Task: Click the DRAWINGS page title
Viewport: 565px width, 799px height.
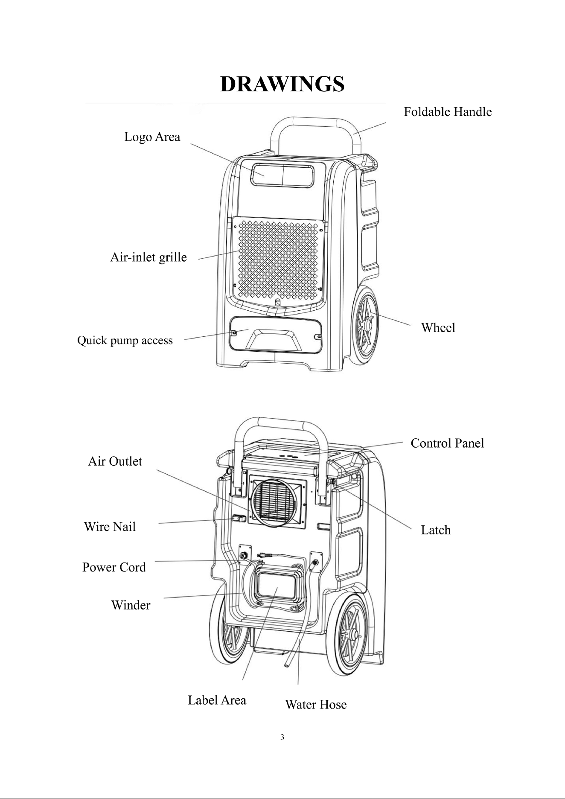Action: coord(282,84)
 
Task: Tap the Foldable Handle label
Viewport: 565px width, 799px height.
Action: coord(448,112)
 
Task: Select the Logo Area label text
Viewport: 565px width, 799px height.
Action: coord(152,137)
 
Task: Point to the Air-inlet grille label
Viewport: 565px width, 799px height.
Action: coord(149,258)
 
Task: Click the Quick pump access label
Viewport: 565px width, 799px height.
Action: coord(125,341)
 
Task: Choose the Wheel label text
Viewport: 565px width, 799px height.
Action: coord(438,328)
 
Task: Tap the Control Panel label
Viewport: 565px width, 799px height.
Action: coord(447,443)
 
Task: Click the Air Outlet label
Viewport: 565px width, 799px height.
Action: coord(115,461)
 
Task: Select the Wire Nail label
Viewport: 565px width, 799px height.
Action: coord(110,527)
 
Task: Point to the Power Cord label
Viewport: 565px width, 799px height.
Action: coord(114,567)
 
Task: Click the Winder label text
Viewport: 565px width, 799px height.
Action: coord(131,605)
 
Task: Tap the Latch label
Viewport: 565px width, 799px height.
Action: coord(436,530)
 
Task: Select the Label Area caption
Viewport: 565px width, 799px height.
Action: coord(217,700)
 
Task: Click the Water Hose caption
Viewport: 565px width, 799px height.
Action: coord(316,705)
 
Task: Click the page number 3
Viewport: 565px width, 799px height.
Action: coord(282,737)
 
